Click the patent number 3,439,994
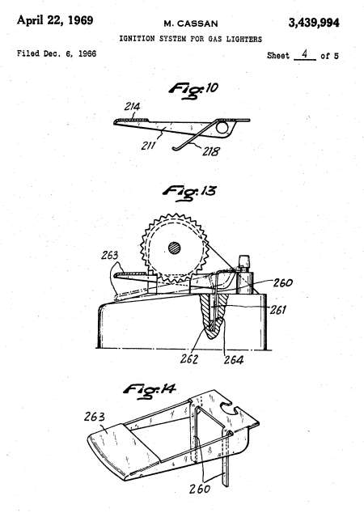point(313,23)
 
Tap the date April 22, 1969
point(55,20)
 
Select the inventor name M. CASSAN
point(191,23)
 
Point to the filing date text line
point(57,53)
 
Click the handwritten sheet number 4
point(304,53)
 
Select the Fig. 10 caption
point(193,90)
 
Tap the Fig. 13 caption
point(189,193)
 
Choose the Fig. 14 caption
point(150,391)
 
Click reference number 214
point(132,107)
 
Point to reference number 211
point(148,146)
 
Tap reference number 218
point(211,151)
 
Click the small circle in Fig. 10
point(222,128)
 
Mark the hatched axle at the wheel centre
point(175,248)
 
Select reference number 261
point(277,310)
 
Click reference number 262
point(189,359)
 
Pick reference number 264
point(234,360)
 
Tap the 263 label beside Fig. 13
point(109,255)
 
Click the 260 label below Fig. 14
point(200,489)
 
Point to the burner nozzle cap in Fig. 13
point(244,262)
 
